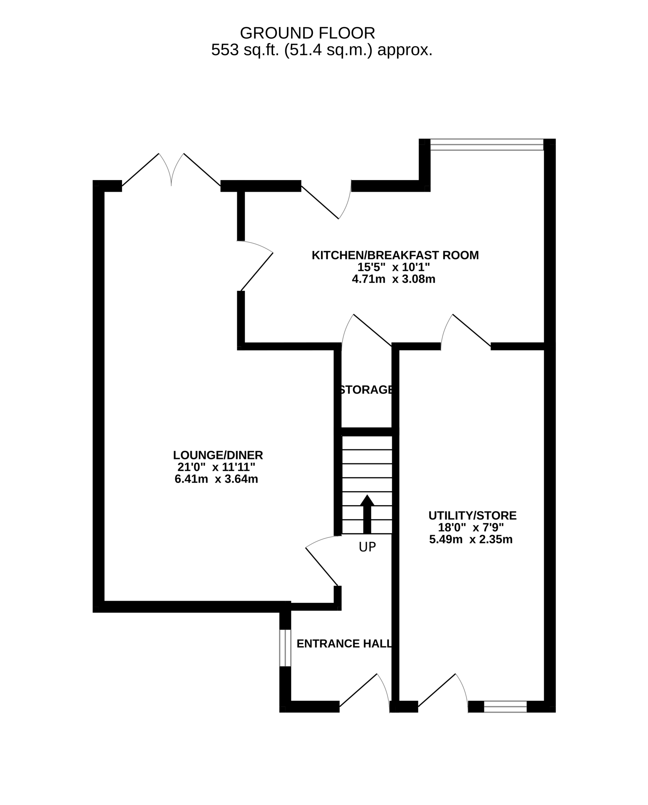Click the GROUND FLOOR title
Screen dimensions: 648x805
coord(307,33)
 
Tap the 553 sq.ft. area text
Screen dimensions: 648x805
coord(321,50)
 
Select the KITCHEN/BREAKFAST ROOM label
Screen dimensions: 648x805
coord(395,255)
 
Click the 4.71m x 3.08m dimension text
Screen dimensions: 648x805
coord(394,279)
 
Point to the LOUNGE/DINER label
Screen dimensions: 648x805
coord(218,455)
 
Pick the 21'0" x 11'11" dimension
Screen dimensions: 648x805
coord(216,467)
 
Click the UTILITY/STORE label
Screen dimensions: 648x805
coord(472,516)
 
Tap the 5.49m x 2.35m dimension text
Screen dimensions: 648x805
coord(471,539)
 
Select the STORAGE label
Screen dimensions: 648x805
coord(366,390)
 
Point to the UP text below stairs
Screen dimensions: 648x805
coord(367,547)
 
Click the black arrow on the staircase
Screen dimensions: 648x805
coord(367,514)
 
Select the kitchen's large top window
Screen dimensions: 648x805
coord(487,145)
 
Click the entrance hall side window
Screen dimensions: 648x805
coord(285,648)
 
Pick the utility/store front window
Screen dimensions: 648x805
coord(505,707)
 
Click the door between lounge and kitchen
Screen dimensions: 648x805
coord(255,265)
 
